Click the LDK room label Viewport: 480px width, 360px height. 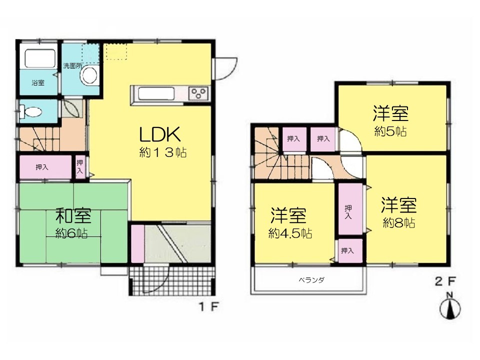click(159, 134)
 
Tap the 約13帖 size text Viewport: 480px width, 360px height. click(163, 152)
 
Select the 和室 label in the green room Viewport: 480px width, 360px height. click(73, 215)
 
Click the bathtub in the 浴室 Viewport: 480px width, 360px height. click(40, 58)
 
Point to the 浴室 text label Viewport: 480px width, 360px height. click(38, 82)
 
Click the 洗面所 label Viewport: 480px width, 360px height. click(72, 65)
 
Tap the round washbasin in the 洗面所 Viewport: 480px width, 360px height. click(89, 74)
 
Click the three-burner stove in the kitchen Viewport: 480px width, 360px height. click(198, 93)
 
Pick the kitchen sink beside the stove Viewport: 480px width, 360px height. click(156, 93)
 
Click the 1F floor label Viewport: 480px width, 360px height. click(209, 306)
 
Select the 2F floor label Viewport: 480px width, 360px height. click(445, 281)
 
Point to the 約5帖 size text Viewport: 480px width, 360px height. click(390, 131)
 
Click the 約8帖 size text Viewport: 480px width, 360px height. click(399, 223)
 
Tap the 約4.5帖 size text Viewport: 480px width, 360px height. click(290, 233)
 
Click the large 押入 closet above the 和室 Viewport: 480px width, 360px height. click(45, 167)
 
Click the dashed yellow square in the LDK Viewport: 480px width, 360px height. click(115, 51)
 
